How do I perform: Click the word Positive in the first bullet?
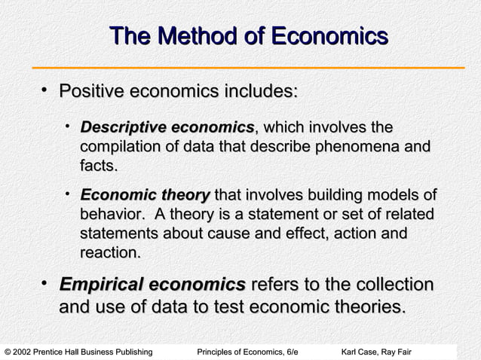tap(93, 92)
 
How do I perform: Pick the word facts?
tap(99, 164)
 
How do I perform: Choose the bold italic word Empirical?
tap(101, 285)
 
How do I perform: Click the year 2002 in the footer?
tap(25, 352)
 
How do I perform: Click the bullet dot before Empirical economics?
tap(44, 284)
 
